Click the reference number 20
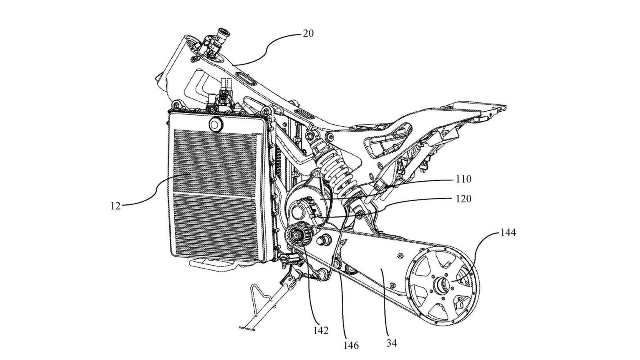tap(308, 33)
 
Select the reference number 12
tap(115, 207)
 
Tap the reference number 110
tap(463, 179)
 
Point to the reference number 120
tap(463, 198)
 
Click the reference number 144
tap(508, 232)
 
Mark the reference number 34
tap(392, 343)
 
